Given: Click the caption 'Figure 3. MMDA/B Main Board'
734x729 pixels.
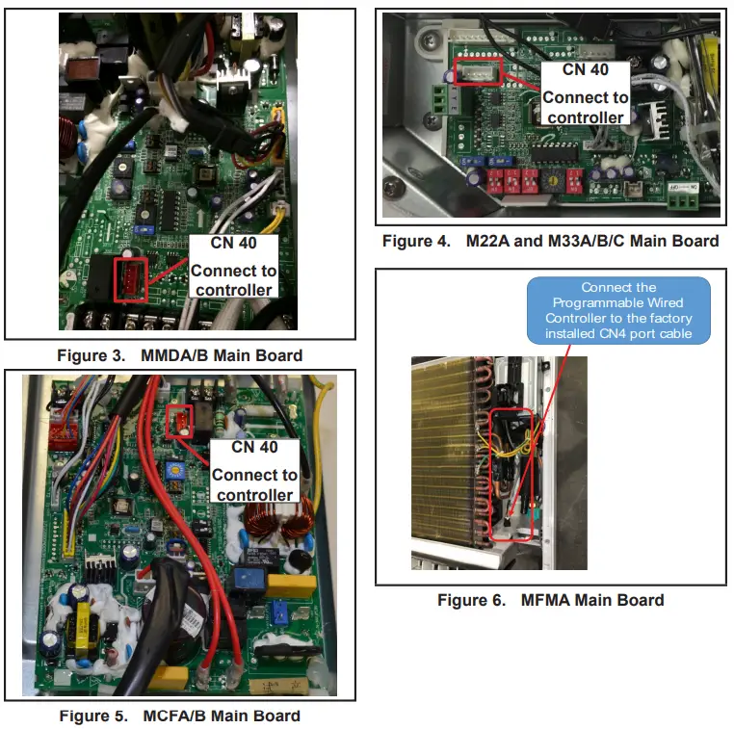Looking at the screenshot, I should pos(179,355).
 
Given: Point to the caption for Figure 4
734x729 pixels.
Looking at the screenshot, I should pos(550,241).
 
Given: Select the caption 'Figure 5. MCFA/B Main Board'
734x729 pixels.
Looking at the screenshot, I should pos(179,716).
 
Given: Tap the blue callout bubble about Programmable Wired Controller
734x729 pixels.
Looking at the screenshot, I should pos(618,310).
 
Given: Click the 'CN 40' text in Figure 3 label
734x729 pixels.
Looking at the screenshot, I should pos(230,243).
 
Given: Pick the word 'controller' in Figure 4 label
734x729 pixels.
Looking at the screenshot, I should pos(585,117).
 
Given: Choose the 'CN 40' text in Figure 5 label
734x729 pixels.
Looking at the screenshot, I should pos(255,448).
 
